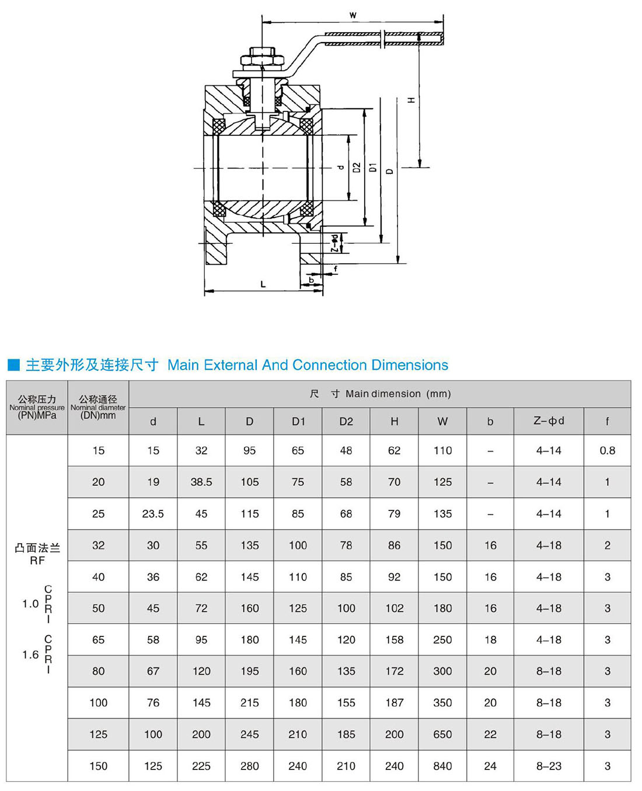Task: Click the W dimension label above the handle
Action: click(x=353, y=15)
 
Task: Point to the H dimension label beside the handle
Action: click(x=411, y=100)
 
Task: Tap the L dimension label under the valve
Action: click(x=263, y=284)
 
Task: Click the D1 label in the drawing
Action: click(x=373, y=168)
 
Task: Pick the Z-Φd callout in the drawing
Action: click(x=334, y=243)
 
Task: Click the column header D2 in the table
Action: click(x=346, y=421)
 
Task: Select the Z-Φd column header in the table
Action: click(x=549, y=421)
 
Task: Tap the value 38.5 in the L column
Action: click(x=201, y=482)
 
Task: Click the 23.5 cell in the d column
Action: click(x=153, y=514)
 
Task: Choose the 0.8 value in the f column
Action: click(x=607, y=450)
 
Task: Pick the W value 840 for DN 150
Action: click(x=442, y=766)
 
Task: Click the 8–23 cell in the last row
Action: click(x=549, y=766)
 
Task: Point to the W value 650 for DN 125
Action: click(x=442, y=734)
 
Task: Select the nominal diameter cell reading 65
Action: click(x=98, y=640)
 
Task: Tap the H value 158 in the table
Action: click(x=395, y=640)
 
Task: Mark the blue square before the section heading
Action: click(x=13, y=365)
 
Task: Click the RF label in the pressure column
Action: click(x=37, y=561)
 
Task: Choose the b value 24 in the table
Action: click(x=490, y=766)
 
